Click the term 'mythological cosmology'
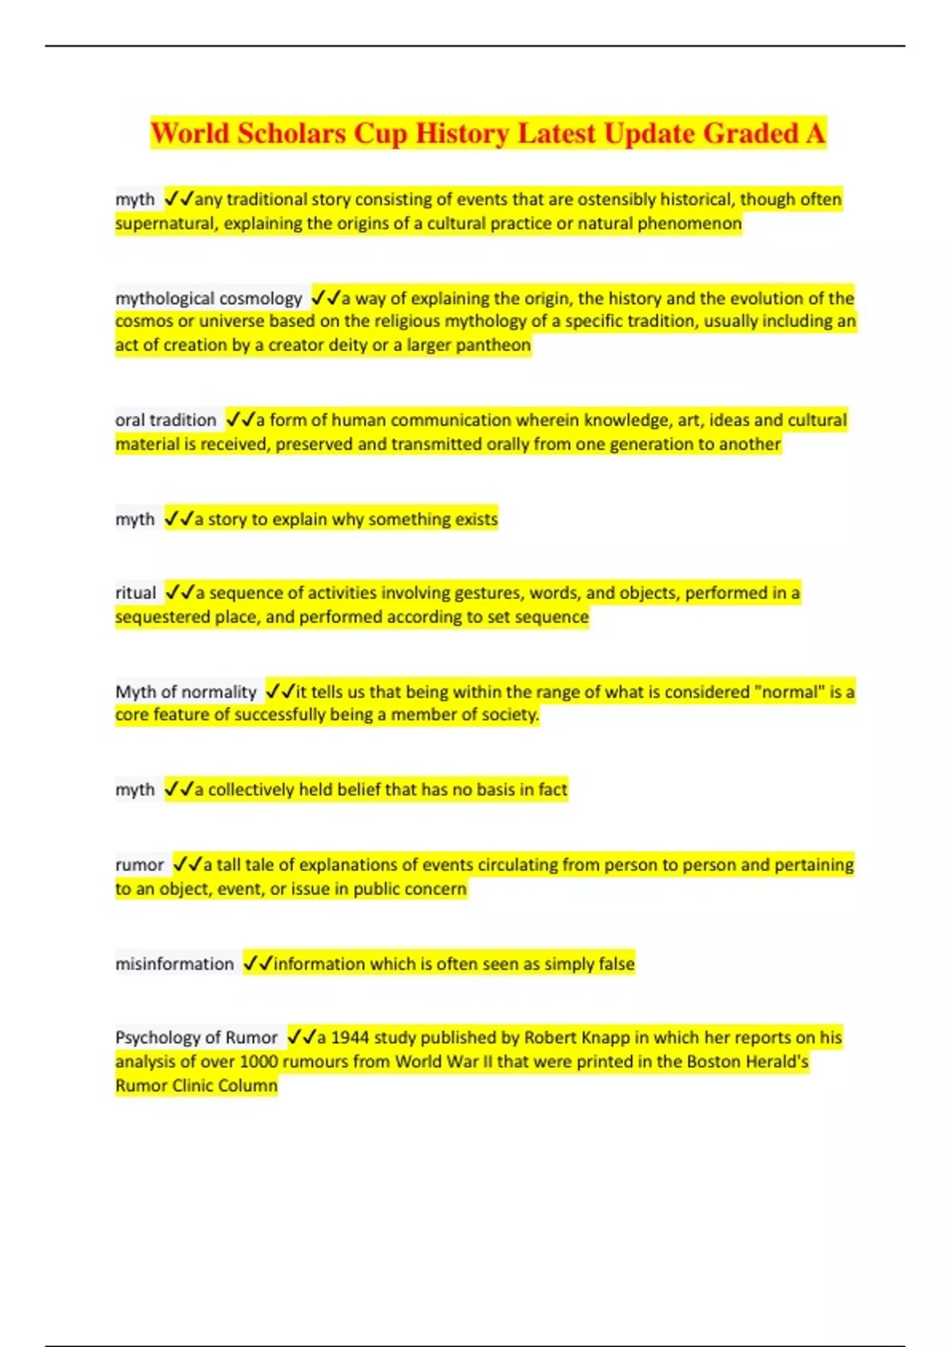(208, 299)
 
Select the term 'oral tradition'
(166, 420)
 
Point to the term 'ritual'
(136, 593)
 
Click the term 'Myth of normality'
(186, 692)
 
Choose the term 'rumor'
(139, 864)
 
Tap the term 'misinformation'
(174, 964)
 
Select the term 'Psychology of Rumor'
(197, 1037)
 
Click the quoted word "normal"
(788, 692)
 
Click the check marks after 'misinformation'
(258, 964)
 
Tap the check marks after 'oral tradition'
(240, 420)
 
